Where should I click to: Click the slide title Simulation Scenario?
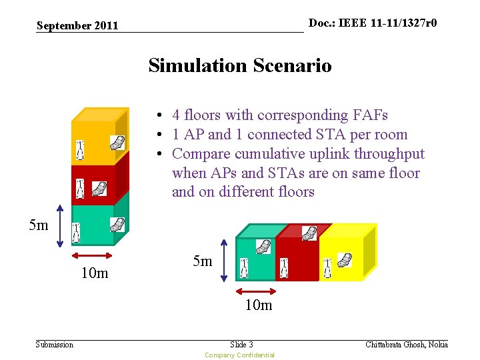239,65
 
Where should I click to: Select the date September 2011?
77,26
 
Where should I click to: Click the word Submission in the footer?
54,344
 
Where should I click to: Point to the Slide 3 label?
241,344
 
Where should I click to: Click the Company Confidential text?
239,355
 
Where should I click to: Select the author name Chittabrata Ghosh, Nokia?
407,344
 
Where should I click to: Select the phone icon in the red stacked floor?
99,189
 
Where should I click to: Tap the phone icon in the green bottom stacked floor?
117,224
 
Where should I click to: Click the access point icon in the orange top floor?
80,151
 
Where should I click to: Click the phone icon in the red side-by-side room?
309,233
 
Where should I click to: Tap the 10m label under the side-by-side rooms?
259,305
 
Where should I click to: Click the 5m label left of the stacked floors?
39,225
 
